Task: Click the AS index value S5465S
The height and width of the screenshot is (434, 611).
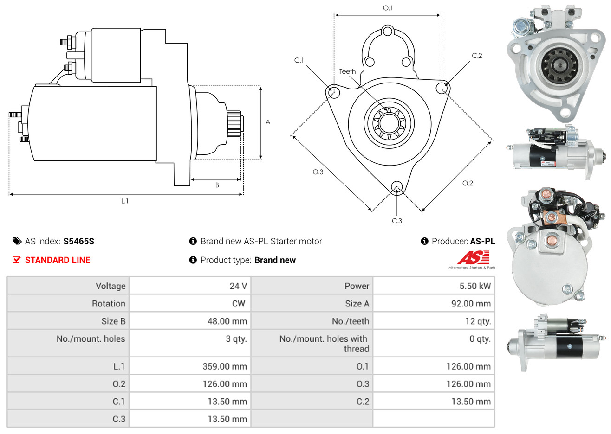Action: click(78, 242)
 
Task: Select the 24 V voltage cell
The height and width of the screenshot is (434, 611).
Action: click(238, 286)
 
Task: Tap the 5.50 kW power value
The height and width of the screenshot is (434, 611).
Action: click(475, 286)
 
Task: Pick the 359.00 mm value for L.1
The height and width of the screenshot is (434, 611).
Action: click(225, 366)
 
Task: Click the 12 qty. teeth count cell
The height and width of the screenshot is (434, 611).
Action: click(478, 321)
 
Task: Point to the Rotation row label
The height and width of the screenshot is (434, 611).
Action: click(109, 304)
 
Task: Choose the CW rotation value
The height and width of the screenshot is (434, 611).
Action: click(238, 304)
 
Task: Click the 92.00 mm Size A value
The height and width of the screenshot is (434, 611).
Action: click(471, 304)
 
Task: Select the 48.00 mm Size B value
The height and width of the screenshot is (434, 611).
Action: click(227, 321)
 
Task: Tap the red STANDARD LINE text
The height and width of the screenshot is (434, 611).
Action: click(58, 260)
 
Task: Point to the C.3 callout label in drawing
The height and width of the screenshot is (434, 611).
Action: click(397, 221)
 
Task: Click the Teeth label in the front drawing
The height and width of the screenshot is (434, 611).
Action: click(347, 72)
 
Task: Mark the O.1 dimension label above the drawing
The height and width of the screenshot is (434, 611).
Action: click(388, 8)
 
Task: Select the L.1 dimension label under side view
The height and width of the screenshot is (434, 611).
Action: click(124, 201)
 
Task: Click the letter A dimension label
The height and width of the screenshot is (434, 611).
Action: click(268, 122)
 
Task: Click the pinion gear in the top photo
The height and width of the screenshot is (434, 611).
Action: click(559, 65)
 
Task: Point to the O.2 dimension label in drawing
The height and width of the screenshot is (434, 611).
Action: click(468, 183)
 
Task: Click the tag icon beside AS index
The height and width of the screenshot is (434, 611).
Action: click(17, 242)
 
